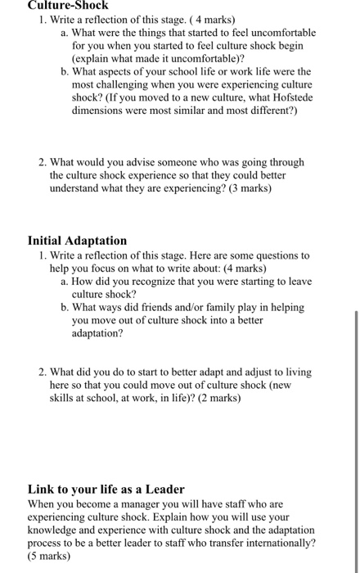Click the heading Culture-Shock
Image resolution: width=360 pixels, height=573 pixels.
(x=68, y=5)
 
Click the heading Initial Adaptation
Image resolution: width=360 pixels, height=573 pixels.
(x=77, y=241)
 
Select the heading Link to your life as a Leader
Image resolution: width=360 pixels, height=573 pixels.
(x=106, y=490)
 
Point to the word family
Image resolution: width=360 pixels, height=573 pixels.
(x=202, y=308)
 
